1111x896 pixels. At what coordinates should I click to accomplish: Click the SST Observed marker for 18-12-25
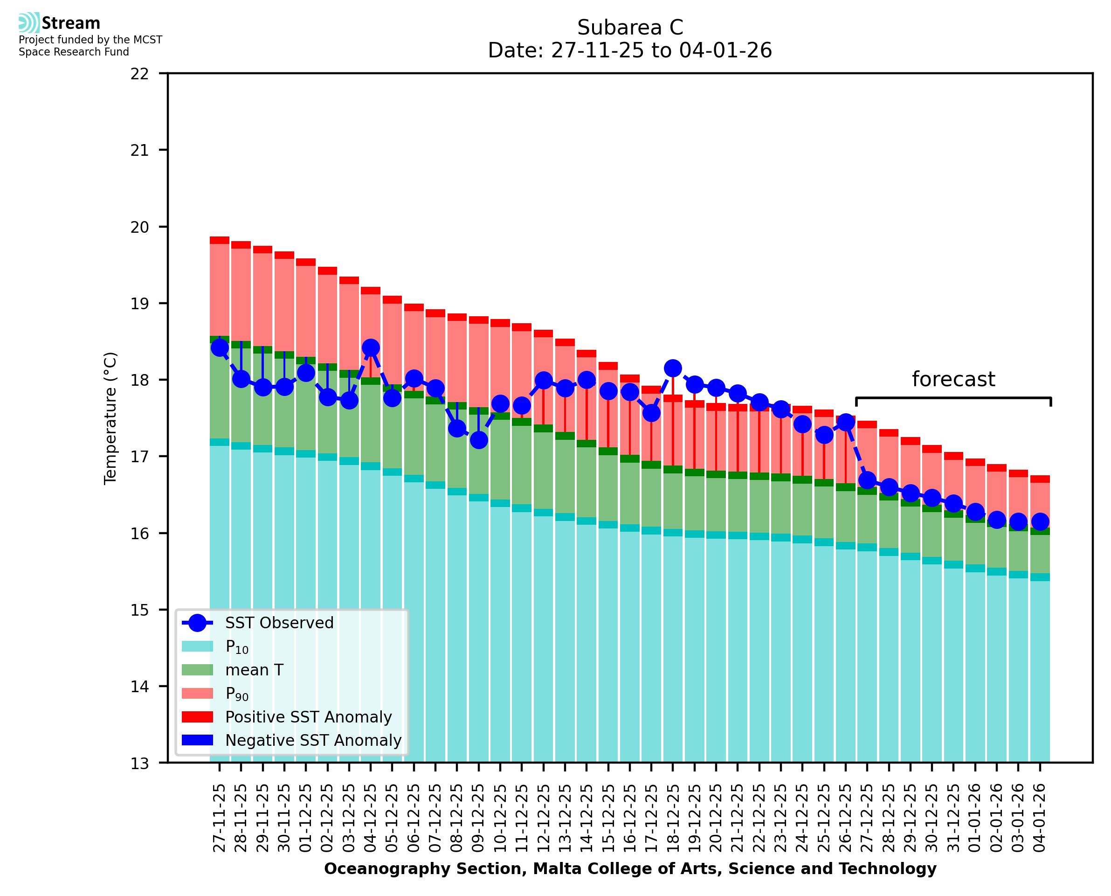pos(673,368)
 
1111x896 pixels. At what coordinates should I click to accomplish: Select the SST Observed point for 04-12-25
pos(370,348)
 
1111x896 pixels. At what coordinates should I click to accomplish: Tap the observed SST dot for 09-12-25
pos(479,440)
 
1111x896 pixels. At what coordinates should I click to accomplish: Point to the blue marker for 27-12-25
pos(867,480)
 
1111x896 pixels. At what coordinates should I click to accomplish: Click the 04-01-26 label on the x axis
pos(1039,819)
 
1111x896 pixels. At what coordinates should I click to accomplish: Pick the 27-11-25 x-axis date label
pos(220,819)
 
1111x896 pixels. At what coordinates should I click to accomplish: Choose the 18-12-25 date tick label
pos(673,819)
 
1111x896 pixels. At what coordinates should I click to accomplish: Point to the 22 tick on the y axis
pos(139,74)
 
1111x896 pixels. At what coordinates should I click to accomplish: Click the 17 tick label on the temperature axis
pos(139,457)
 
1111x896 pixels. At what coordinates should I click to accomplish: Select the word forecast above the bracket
pos(953,379)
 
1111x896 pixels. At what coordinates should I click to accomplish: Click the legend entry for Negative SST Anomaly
pos(313,741)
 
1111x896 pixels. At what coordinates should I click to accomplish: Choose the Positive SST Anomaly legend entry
pos(309,717)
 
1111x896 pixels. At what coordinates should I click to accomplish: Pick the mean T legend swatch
pos(198,670)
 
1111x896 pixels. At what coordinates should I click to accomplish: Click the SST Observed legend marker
pos(198,624)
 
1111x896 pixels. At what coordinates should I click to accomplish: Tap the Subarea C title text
pos(630,28)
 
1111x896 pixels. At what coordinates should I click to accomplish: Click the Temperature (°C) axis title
pos(110,418)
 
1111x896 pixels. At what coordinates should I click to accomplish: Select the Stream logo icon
pos(29,23)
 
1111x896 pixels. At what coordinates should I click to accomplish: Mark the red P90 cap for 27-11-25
pos(220,241)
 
